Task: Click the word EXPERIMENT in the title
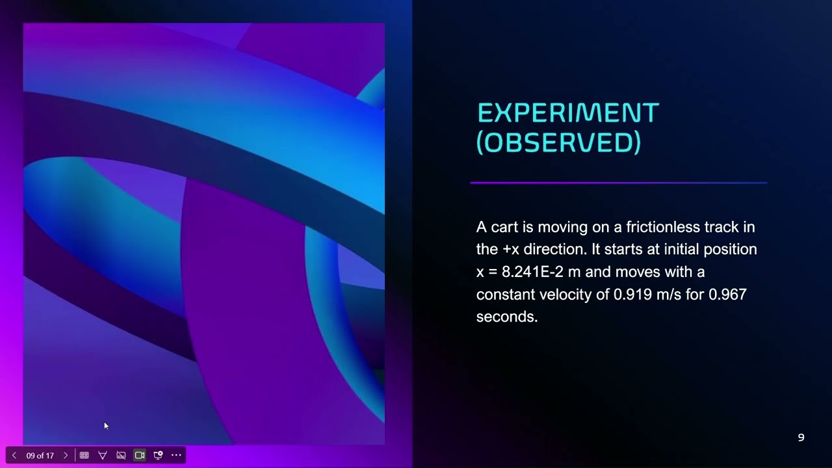568,113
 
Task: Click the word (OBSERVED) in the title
558,142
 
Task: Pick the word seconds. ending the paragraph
506,317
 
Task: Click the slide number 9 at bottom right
801,438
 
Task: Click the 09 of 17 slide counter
40,456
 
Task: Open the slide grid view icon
84,456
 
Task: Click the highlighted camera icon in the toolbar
139,456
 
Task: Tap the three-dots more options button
176,456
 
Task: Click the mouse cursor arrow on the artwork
106,426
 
